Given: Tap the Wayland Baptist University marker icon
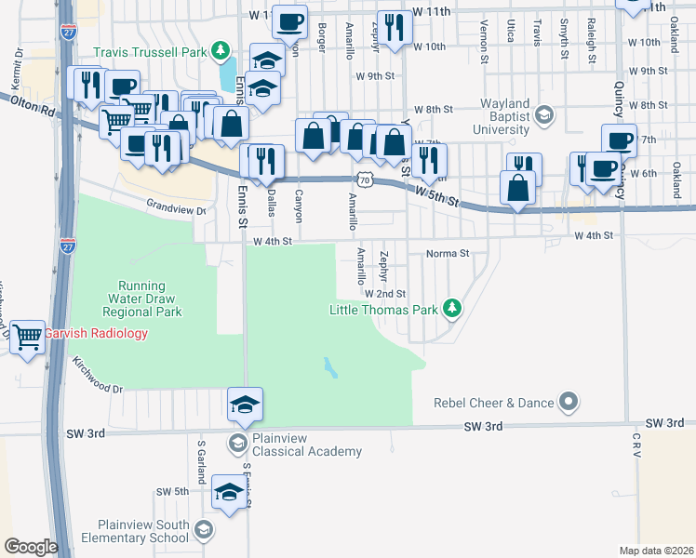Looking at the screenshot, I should (544, 116).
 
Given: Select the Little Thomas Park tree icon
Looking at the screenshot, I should (451, 306).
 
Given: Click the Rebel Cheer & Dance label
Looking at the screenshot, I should (494, 403).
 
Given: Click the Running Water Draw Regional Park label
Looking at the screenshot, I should (141, 299).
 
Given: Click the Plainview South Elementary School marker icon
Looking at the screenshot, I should (202, 530).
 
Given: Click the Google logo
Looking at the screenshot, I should (31, 547).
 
